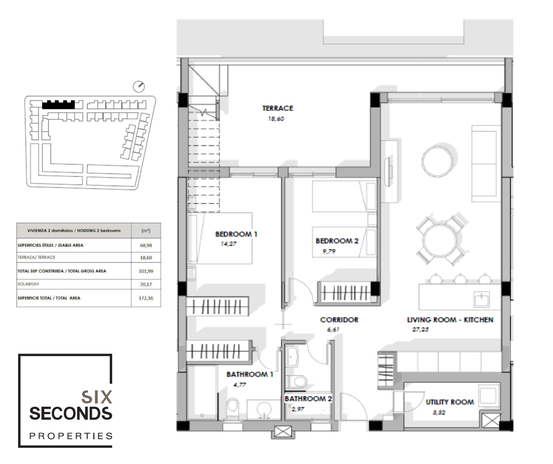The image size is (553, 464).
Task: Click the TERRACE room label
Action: (x=278, y=108)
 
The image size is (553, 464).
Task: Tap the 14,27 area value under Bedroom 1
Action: (x=229, y=244)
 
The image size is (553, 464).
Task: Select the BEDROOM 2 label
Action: (x=337, y=241)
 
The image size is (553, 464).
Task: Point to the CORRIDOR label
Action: (x=339, y=319)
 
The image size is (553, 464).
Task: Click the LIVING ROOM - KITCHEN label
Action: (x=450, y=319)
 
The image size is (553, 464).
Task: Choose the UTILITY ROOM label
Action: (x=450, y=402)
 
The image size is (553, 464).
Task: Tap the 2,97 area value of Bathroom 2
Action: (x=298, y=409)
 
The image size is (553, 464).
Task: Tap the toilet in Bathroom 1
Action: (x=233, y=408)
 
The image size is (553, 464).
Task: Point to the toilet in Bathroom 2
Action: (x=296, y=382)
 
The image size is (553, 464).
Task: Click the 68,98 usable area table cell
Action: (x=146, y=245)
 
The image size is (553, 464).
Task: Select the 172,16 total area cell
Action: (x=146, y=298)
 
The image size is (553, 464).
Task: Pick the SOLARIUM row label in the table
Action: (x=28, y=284)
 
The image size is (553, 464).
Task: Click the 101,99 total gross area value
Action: (x=146, y=271)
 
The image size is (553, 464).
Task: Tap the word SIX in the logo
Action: (x=97, y=397)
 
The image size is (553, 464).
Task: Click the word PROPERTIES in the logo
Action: (x=71, y=436)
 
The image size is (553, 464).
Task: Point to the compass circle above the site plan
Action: (x=139, y=86)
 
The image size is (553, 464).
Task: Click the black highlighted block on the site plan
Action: (x=59, y=104)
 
